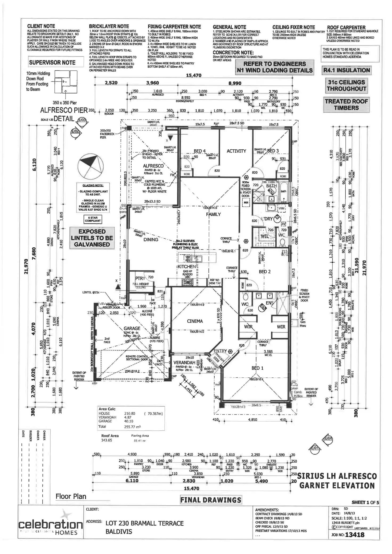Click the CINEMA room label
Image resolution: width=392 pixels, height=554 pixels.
195,321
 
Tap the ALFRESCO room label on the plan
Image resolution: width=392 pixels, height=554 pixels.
153,166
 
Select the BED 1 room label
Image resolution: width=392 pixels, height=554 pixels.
257,368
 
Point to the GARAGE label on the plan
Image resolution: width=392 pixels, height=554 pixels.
132,328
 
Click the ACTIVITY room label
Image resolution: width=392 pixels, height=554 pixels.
236,151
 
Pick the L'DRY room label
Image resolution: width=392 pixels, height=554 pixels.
267,219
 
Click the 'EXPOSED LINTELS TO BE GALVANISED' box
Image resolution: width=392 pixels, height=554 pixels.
92,238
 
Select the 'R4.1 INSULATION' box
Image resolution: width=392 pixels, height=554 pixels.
346,70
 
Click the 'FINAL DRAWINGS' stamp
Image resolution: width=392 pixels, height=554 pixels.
211,500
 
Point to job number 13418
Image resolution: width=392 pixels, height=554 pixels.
354,535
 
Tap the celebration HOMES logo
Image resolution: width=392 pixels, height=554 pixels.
51,524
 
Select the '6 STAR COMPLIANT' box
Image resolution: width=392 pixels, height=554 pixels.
93,219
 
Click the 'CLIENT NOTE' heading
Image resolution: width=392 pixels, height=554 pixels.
41,26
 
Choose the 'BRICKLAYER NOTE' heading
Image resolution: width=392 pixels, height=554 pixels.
109,26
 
